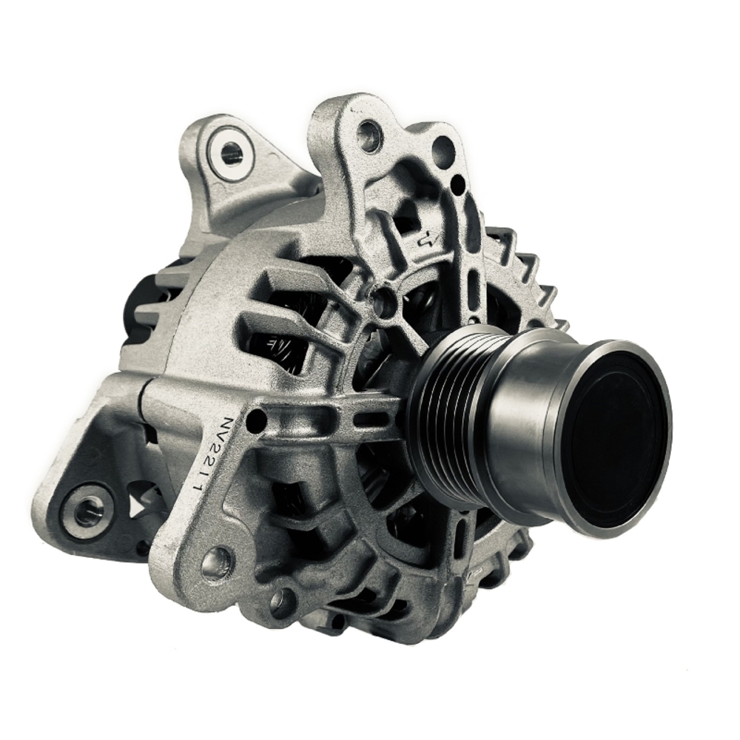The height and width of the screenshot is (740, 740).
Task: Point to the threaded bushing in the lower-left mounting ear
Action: (x=89, y=510)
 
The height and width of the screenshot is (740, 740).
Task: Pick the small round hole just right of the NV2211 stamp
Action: (x=257, y=421)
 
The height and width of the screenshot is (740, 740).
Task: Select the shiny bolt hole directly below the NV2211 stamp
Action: (x=217, y=562)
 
